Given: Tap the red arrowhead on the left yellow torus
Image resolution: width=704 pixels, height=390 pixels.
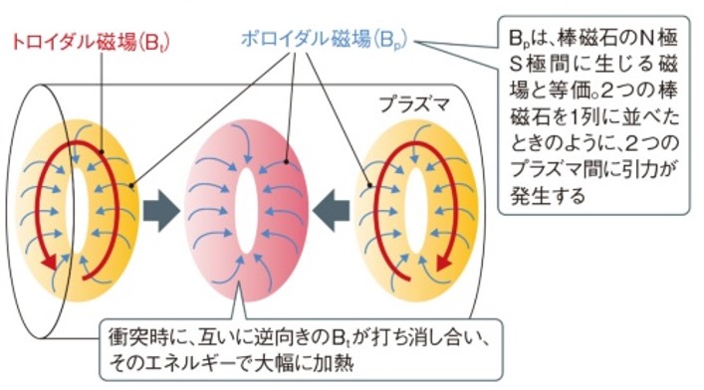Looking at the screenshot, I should pyautogui.click(x=44, y=261).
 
